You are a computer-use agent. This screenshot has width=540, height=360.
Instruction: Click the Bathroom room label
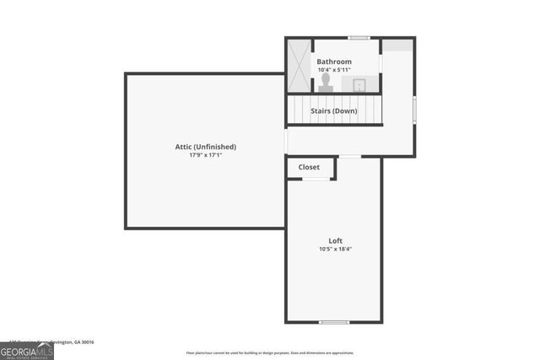[334, 62]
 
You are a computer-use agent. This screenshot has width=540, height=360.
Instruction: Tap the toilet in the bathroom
[326, 81]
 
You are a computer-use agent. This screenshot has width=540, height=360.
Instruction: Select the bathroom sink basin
[359, 83]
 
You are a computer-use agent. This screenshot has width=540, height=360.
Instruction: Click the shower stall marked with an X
[298, 65]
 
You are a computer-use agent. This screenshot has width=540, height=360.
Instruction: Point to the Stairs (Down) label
[333, 110]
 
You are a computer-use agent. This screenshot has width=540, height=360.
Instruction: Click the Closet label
[309, 167]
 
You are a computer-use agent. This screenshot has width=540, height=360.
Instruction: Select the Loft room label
[335, 240]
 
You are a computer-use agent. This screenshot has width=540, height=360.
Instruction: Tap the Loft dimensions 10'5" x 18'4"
[335, 249]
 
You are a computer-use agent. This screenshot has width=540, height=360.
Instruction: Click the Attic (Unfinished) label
[204, 147]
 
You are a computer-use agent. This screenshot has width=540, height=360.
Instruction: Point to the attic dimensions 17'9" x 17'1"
[204, 155]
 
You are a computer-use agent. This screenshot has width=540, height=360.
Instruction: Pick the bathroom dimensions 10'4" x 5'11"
[334, 70]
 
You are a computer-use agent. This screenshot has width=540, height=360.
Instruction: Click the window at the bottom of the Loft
[334, 322]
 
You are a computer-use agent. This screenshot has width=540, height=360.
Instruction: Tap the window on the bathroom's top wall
[359, 38]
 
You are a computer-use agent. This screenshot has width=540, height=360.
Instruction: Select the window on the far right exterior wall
[414, 110]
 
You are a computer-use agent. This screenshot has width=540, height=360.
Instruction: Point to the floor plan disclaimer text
[270, 352]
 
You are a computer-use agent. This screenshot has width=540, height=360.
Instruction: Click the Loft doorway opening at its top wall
[349, 156]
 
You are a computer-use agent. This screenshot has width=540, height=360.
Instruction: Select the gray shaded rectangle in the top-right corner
[398, 46]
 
